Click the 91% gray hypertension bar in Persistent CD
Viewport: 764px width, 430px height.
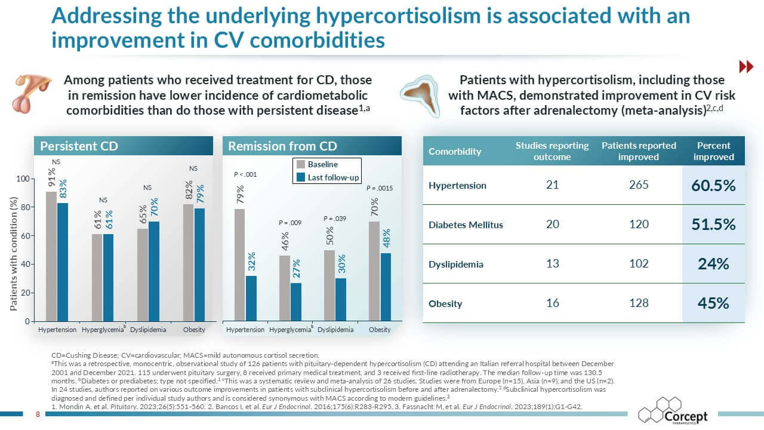coord(51,256)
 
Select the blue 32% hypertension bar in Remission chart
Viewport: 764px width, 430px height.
coord(251,298)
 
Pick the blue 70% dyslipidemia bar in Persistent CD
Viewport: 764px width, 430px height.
coord(154,271)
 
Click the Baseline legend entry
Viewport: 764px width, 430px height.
coord(322,164)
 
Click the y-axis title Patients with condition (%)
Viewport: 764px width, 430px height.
coord(13,253)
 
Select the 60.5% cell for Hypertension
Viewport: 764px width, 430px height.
coord(713,185)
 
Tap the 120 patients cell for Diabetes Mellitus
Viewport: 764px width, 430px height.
coord(638,225)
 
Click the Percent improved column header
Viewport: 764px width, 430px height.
coord(714,151)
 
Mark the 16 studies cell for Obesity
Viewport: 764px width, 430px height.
coord(552,303)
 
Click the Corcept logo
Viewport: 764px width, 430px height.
coord(673,411)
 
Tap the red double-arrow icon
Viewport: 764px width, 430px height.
coord(745,67)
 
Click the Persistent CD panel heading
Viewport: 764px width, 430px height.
coord(78,146)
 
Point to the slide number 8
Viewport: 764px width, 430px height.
coord(38,414)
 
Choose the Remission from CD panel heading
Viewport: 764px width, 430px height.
coord(282,146)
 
